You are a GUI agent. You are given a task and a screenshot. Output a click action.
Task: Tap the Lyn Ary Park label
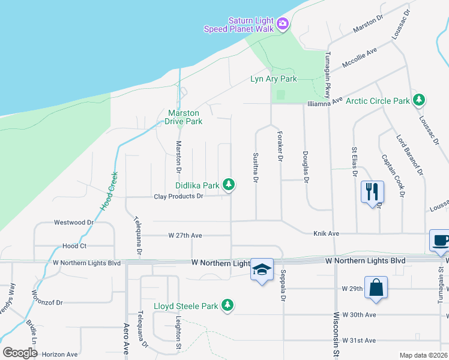pos(273,79)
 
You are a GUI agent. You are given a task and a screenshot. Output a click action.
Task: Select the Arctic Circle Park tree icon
pos(419,100)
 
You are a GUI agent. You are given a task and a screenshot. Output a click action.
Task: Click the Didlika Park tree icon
pos(228,185)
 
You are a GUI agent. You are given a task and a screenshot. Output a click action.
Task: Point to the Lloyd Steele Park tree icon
pos(227,306)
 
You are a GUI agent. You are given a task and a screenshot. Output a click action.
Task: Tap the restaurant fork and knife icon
pos(372,191)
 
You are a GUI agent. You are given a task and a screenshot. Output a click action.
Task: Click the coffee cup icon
pos(440,240)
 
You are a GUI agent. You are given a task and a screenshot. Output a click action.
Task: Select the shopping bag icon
pos(376,287)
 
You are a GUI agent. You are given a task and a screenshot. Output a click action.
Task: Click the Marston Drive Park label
pos(185,116)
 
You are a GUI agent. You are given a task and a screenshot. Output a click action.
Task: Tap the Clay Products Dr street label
pos(179,196)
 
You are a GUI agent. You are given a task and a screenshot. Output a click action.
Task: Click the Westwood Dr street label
pos(74,222)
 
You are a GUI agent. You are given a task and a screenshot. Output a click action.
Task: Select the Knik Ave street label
pos(326,233)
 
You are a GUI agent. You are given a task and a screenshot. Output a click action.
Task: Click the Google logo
pos(20,353)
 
